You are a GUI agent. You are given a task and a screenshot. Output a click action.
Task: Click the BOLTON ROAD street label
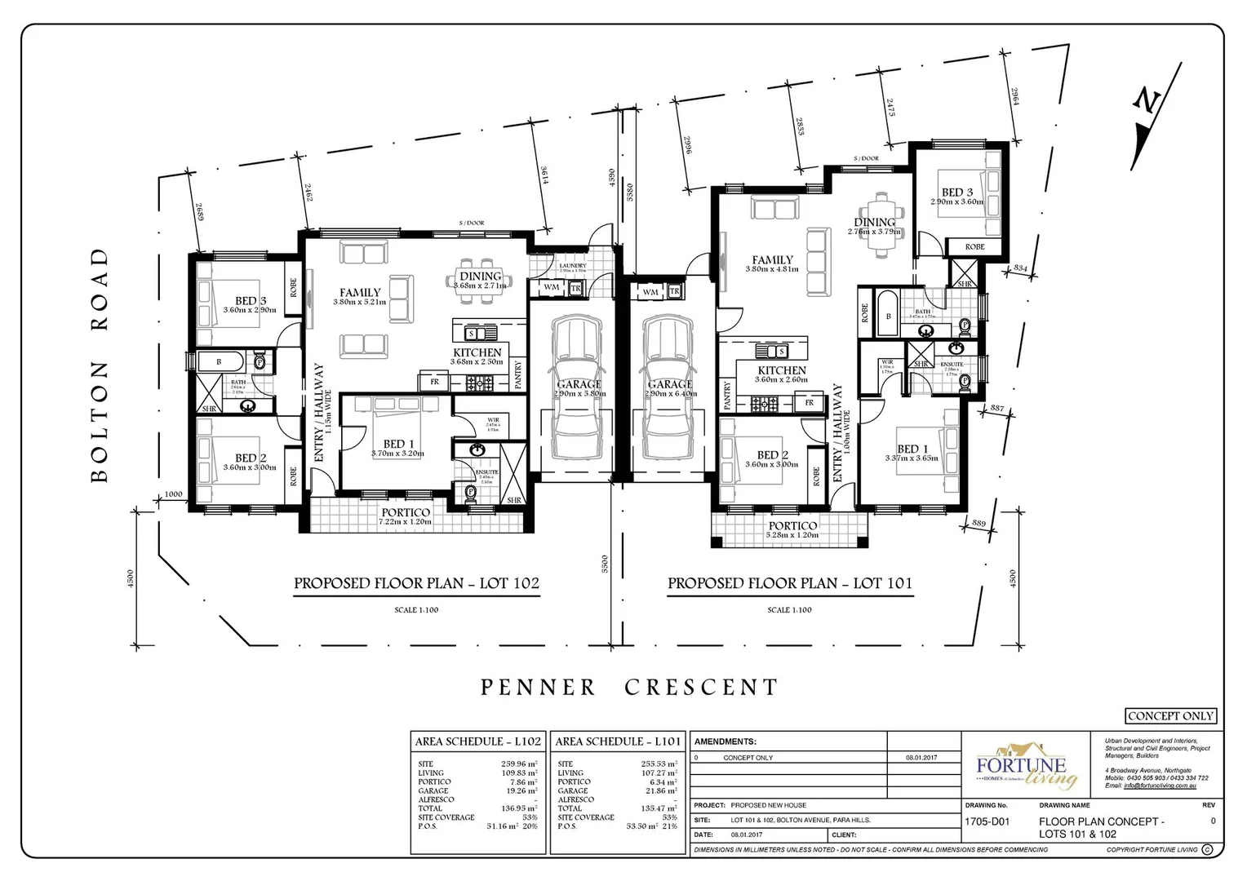point(100,365)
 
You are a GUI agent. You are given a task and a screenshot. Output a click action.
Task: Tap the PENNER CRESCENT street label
point(629,688)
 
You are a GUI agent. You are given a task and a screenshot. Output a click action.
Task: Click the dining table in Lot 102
point(481,281)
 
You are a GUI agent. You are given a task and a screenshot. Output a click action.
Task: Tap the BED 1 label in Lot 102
point(398,444)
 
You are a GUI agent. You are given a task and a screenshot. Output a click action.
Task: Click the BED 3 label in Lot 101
point(957,193)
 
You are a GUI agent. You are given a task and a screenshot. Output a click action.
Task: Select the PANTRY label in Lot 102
point(517,375)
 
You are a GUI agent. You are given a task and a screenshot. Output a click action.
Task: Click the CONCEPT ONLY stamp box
point(1170,716)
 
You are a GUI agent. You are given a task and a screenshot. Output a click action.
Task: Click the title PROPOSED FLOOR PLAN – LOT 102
point(416,583)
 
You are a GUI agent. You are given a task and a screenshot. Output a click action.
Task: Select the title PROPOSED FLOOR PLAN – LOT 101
point(789,583)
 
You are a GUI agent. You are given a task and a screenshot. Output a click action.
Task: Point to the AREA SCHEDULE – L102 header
point(477,742)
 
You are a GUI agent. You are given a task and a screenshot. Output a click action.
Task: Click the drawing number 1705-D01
point(987,821)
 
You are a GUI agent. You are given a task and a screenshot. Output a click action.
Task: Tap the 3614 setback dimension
point(544,175)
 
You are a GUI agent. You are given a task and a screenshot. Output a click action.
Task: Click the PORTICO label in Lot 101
point(792,526)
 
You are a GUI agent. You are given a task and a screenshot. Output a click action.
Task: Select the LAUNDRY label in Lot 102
point(573,266)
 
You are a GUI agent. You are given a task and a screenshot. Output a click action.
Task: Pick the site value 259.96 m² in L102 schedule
point(518,764)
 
